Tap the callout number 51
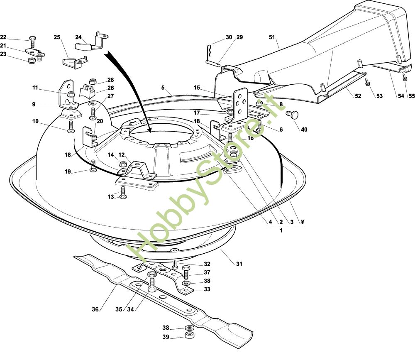(x=272, y=37)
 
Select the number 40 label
(x=304, y=130)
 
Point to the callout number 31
(x=239, y=264)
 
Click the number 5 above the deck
(x=164, y=88)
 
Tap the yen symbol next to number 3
(x=303, y=222)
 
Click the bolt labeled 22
(x=33, y=42)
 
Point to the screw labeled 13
(x=123, y=193)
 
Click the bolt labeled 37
(x=186, y=272)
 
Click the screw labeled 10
(x=71, y=126)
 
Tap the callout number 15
(x=197, y=88)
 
